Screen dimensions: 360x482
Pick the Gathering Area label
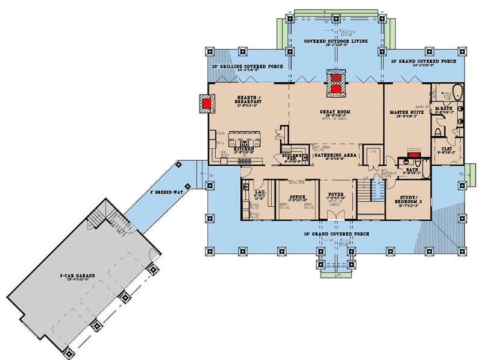coord(336,155)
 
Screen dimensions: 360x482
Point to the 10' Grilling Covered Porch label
coord(243,67)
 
